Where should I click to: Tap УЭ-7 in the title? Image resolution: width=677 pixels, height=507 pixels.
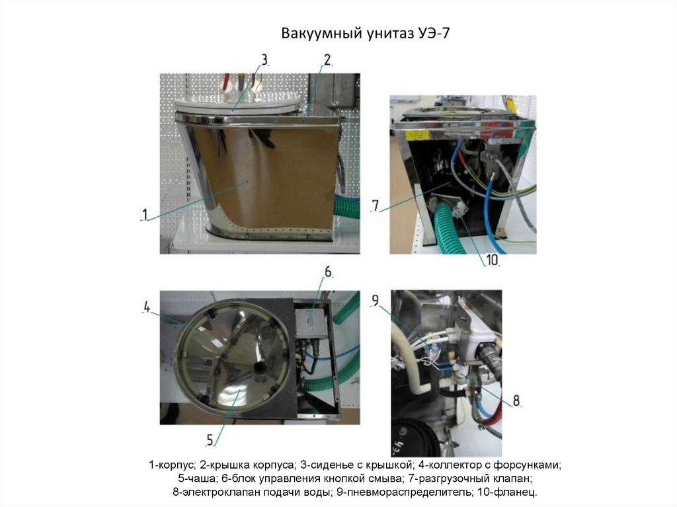(434, 33)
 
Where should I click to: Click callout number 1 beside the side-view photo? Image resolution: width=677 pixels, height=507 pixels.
(145, 214)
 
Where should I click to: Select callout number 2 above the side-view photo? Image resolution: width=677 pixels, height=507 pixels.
(327, 59)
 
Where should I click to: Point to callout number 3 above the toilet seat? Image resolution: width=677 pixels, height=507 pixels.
(264, 59)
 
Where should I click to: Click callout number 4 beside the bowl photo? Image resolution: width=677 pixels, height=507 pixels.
(147, 307)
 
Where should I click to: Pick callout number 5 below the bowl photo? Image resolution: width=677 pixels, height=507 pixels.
(210, 440)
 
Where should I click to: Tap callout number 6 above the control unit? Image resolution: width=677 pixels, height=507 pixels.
(328, 272)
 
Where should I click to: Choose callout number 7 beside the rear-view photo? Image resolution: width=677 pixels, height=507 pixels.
(376, 206)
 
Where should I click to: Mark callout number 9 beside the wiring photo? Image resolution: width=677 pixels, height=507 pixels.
(376, 300)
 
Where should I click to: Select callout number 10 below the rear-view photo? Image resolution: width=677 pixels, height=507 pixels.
(492, 260)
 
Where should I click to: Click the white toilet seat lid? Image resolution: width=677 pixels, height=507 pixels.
(238, 105)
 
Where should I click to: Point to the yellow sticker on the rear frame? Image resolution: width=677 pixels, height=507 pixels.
(418, 136)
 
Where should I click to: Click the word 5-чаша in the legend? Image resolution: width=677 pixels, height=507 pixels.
(197, 479)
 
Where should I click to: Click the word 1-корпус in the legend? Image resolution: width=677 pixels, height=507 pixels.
(173, 465)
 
